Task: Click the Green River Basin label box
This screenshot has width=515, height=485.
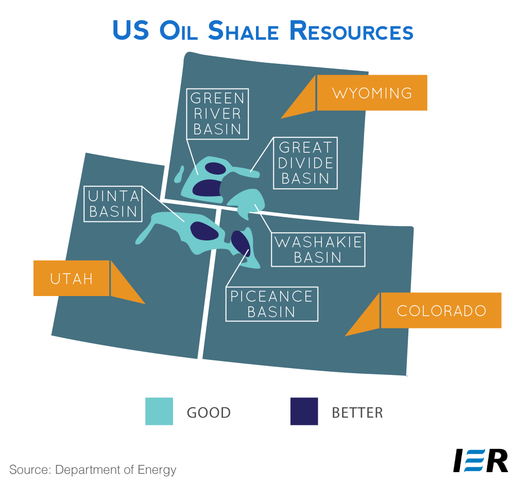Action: pyautogui.click(x=217, y=114)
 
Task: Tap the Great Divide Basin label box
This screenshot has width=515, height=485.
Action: pyautogui.click(x=305, y=163)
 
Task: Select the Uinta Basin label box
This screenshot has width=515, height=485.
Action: pyautogui.click(x=113, y=204)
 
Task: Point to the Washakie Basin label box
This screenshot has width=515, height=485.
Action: pyautogui.click(x=318, y=250)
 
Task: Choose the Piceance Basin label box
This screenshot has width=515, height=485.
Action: pyautogui.click(x=271, y=304)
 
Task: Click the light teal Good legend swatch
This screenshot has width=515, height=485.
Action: pyautogui.click(x=159, y=411)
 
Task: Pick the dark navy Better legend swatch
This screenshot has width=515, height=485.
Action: pyautogui.click(x=304, y=411)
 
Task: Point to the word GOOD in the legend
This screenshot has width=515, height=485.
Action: pyautogui.click(x=209, y=413)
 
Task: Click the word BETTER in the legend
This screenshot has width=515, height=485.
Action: pyautogui.click(x=357, y=413)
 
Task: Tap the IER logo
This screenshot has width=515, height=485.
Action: pyautogui.click(x=480, y=460)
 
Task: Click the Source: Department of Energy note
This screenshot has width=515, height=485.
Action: pyautogui.click(x=93, y=470)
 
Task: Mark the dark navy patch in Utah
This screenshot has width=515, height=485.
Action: pyautogui.click(x=204, y=231)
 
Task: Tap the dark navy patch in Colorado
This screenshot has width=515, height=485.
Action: pyautogui.click(x=241, y=242)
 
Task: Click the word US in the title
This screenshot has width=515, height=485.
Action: pyautogui.click(x=130, y=30)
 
